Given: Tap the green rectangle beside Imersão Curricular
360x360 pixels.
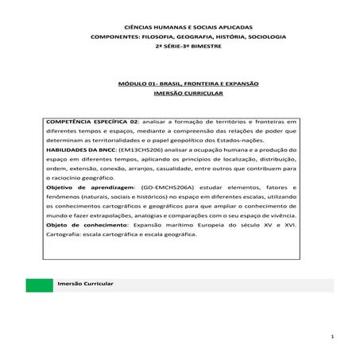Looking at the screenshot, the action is (x=37, y=284).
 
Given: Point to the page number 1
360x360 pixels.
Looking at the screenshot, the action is (x=335, y=337).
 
